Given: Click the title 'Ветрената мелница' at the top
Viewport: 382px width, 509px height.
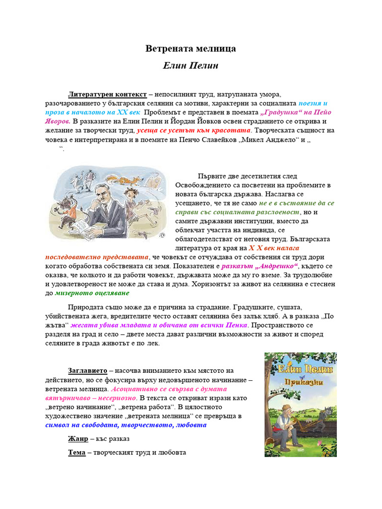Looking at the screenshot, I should [191, 49].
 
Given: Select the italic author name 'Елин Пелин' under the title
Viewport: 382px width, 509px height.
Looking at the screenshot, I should [191, 66].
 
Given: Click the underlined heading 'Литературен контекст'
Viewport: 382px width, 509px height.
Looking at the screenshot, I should [107, 94].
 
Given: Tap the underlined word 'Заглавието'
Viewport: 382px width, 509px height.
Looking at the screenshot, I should [88, 371].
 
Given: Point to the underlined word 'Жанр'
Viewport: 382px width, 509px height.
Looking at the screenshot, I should [79, 439].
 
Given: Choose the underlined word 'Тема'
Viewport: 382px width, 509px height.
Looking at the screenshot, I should [77, 453].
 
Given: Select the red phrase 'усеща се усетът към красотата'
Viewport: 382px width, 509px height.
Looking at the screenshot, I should [194, 130].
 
